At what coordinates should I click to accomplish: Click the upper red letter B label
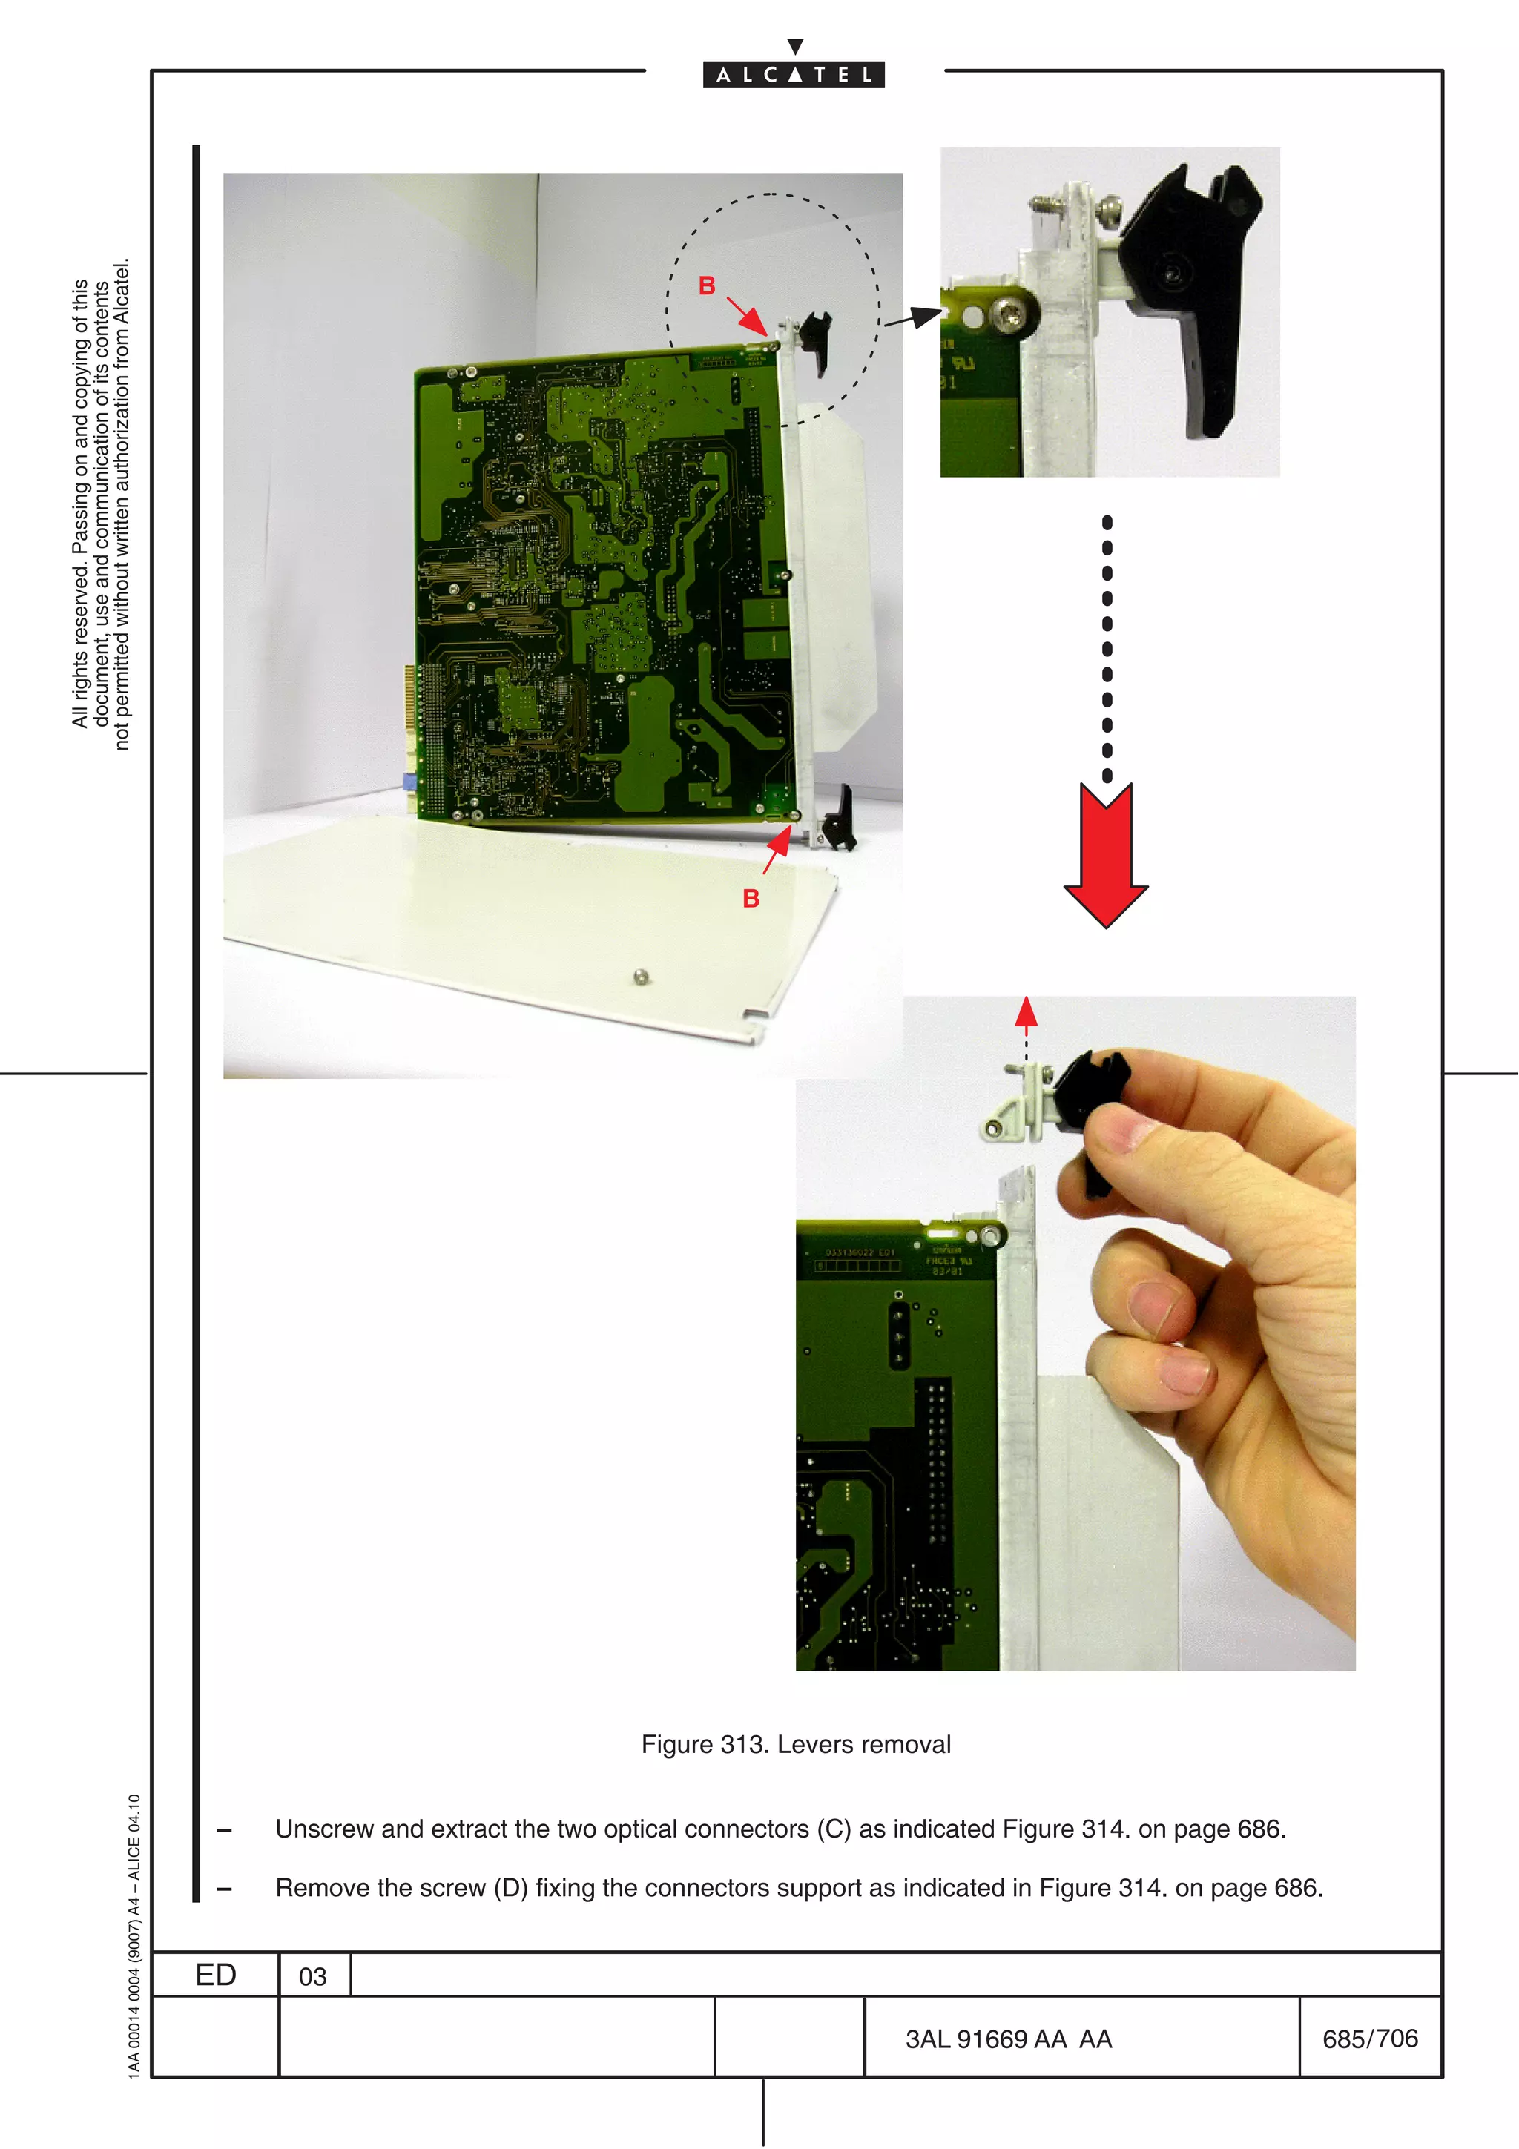707,285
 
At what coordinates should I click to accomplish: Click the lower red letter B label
751,899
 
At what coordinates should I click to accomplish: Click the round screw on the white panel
640,977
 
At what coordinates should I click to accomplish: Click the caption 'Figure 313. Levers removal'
796,1745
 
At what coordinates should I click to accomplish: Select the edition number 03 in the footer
312,1975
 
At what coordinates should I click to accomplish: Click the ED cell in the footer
215,1975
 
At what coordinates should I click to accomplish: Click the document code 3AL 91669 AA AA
1008,2039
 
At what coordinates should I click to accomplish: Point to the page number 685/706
1369,2039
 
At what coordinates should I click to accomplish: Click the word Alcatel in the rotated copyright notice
121,290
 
